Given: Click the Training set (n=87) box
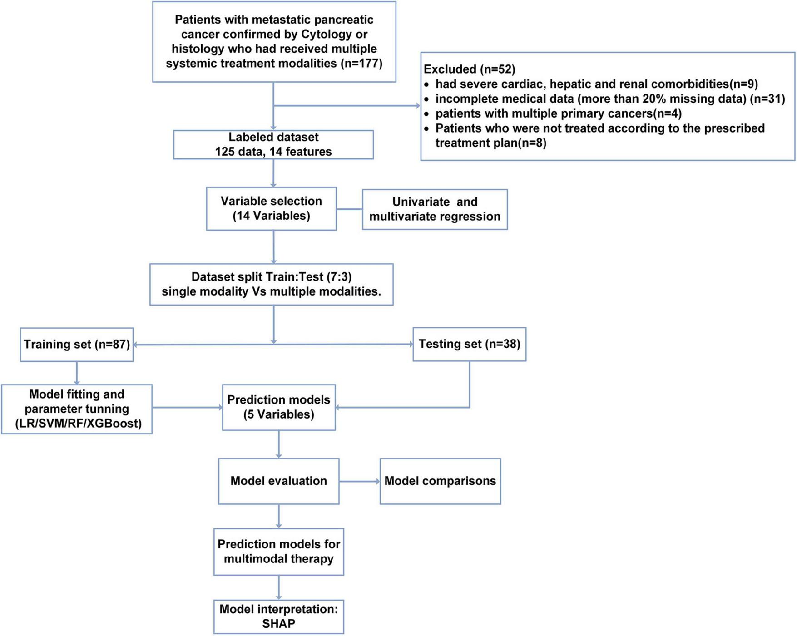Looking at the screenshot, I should click(77, 345).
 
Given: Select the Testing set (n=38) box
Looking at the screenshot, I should click(469, 344).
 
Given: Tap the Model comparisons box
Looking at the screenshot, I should click(440, 481).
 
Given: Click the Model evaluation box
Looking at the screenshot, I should click(278, 481).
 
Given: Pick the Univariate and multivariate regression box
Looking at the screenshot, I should click(435, 209).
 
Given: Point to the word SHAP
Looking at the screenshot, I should click(278, 623).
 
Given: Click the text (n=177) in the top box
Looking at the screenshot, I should click(361, 63).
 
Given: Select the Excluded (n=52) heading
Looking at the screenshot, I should click(469, 69).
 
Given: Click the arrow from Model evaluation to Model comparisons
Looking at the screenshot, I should click(359, 481).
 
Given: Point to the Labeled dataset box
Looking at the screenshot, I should click(273, 145).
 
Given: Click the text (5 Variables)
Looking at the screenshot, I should click(278, 414).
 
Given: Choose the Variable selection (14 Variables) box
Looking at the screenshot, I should click(271, 209).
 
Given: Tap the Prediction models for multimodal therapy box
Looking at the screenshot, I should click(278, 552).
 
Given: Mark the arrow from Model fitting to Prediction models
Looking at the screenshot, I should click(187, 407).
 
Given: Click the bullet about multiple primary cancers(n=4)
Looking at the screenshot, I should click(558, 113).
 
